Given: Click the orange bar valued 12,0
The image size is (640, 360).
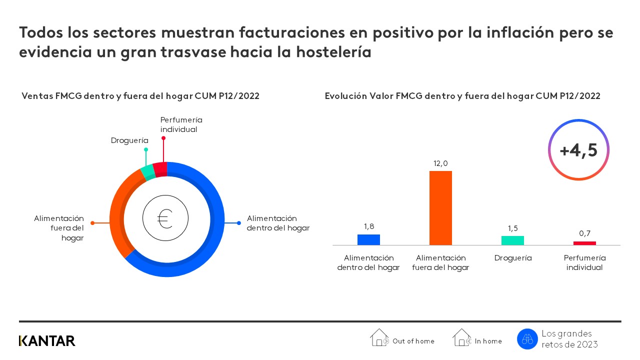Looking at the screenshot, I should [x=440, y=208].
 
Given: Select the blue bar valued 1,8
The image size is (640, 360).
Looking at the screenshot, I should [x=368, y=239].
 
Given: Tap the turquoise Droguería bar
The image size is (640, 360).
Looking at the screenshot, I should [x=512, y=240].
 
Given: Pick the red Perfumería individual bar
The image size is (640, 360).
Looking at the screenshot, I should [x=584, y=243].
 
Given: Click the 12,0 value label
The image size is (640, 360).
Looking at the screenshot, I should [x=440, y=163].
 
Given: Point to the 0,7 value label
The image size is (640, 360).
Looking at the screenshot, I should [x=584, y=233].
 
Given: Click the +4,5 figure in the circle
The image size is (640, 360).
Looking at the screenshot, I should [x=578, y=150].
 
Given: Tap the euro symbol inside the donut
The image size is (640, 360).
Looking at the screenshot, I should [x=165, y=219].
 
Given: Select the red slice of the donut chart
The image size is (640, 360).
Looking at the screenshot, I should [x=160, y=169].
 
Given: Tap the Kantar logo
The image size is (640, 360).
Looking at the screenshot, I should [x=47, y=341].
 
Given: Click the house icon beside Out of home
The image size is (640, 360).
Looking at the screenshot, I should [x=379, y=337].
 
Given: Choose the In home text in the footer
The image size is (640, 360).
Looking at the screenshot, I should [x=488, y=341].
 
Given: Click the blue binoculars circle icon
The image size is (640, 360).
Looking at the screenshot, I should [x=527, y=339].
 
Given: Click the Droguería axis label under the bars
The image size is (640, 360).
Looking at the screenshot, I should [x=512, y=258].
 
